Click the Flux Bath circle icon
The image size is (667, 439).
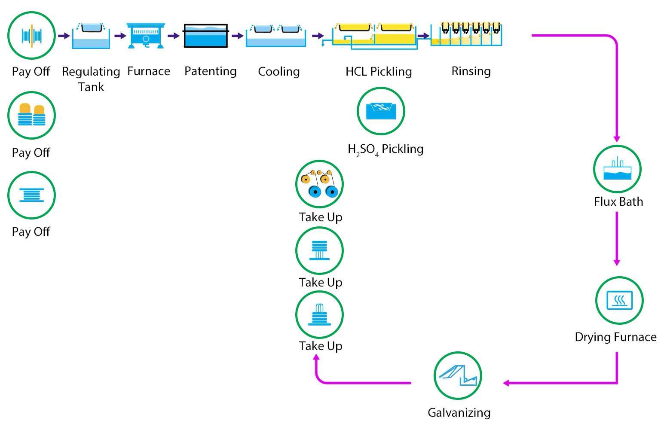pyautogui.click(x=617, y=169)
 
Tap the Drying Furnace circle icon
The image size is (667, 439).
pyautogui.click(x=619, y=300)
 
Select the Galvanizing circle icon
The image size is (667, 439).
pyautogui.click(x=458, y=376)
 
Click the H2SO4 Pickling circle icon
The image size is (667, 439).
pyautogui.click(x=381, y=111)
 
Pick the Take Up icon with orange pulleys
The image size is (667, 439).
pyautogui.click(x=319, y=184)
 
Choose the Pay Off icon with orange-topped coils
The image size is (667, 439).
pyautogui.click(x=31, y=115)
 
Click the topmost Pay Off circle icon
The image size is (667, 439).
pyautogui.click(x=31, y=35)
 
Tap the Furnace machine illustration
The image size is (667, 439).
pyautogui.click(x=146, y=36)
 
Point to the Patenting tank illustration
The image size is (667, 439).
pyautogui.click(x=206, y=36)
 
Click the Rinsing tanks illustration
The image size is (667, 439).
pyautogui.click(x=466, y=34)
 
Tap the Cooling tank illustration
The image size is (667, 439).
pyautogui.click(x=276, y=36)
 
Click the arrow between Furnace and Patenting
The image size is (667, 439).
pyautogui.click(x=174, y=36)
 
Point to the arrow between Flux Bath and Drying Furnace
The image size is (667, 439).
pyautogui.click(x=617, y=239)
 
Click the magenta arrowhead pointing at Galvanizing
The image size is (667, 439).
pyautogui.click(x=506, y=383)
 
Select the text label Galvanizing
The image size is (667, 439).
pyautogui.click(x=459, y=412)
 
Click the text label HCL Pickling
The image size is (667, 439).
pyautogui.click(x=379, y=71)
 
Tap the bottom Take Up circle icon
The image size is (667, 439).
pyautogui.click(x=319, y=315)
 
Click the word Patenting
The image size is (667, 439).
pyautogui.click(x=210, y=71)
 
